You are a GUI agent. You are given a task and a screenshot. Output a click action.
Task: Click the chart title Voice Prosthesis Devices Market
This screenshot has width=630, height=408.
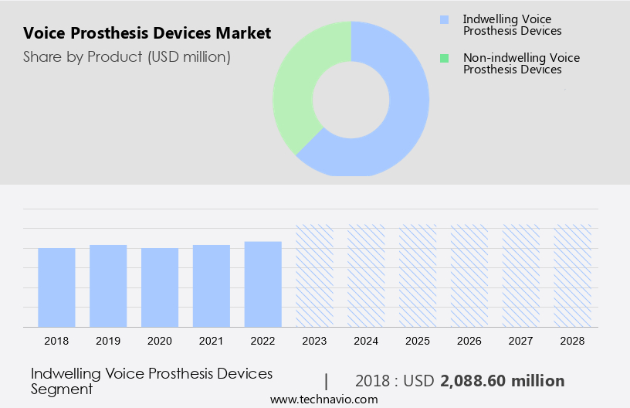click(147, 33)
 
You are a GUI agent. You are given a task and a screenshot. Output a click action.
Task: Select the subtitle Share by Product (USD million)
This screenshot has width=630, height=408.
click(127, 56)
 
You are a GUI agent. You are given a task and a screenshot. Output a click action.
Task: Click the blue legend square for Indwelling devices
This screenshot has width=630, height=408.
click(443, 19)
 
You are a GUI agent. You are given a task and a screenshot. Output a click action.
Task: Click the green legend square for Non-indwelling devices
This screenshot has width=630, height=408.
click(443, 58)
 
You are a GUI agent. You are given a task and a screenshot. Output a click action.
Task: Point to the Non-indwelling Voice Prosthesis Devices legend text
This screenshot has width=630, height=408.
click(520, 63)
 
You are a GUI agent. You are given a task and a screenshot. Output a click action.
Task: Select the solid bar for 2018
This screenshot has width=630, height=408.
click(56, 287)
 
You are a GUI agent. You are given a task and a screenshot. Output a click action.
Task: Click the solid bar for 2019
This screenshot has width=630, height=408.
click(108, 286)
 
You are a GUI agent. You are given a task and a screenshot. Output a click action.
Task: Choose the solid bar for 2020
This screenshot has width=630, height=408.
click(160, 287)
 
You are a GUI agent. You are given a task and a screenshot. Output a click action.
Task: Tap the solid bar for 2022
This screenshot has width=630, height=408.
click(263, 284)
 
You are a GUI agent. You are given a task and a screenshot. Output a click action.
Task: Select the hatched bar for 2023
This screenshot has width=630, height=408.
click(315, 276)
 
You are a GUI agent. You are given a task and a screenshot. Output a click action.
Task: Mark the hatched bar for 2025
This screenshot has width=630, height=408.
click(418, 276)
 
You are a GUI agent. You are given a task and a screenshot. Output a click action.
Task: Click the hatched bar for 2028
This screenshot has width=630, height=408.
click(573, 276)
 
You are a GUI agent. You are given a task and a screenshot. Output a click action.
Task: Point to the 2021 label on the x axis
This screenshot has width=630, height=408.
click(212, 341)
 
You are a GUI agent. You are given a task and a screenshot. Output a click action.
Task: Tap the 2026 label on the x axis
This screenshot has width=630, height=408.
click(469, 341)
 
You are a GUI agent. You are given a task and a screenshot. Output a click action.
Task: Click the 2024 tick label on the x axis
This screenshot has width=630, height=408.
click(366, 341)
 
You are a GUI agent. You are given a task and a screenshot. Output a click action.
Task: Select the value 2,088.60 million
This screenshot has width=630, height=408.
click(502, 381)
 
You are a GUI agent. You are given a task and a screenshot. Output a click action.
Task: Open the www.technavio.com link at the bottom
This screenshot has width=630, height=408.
click(324, 399)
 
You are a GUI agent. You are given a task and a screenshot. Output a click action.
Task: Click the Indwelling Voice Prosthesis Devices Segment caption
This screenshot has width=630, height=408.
click(151, 381)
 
